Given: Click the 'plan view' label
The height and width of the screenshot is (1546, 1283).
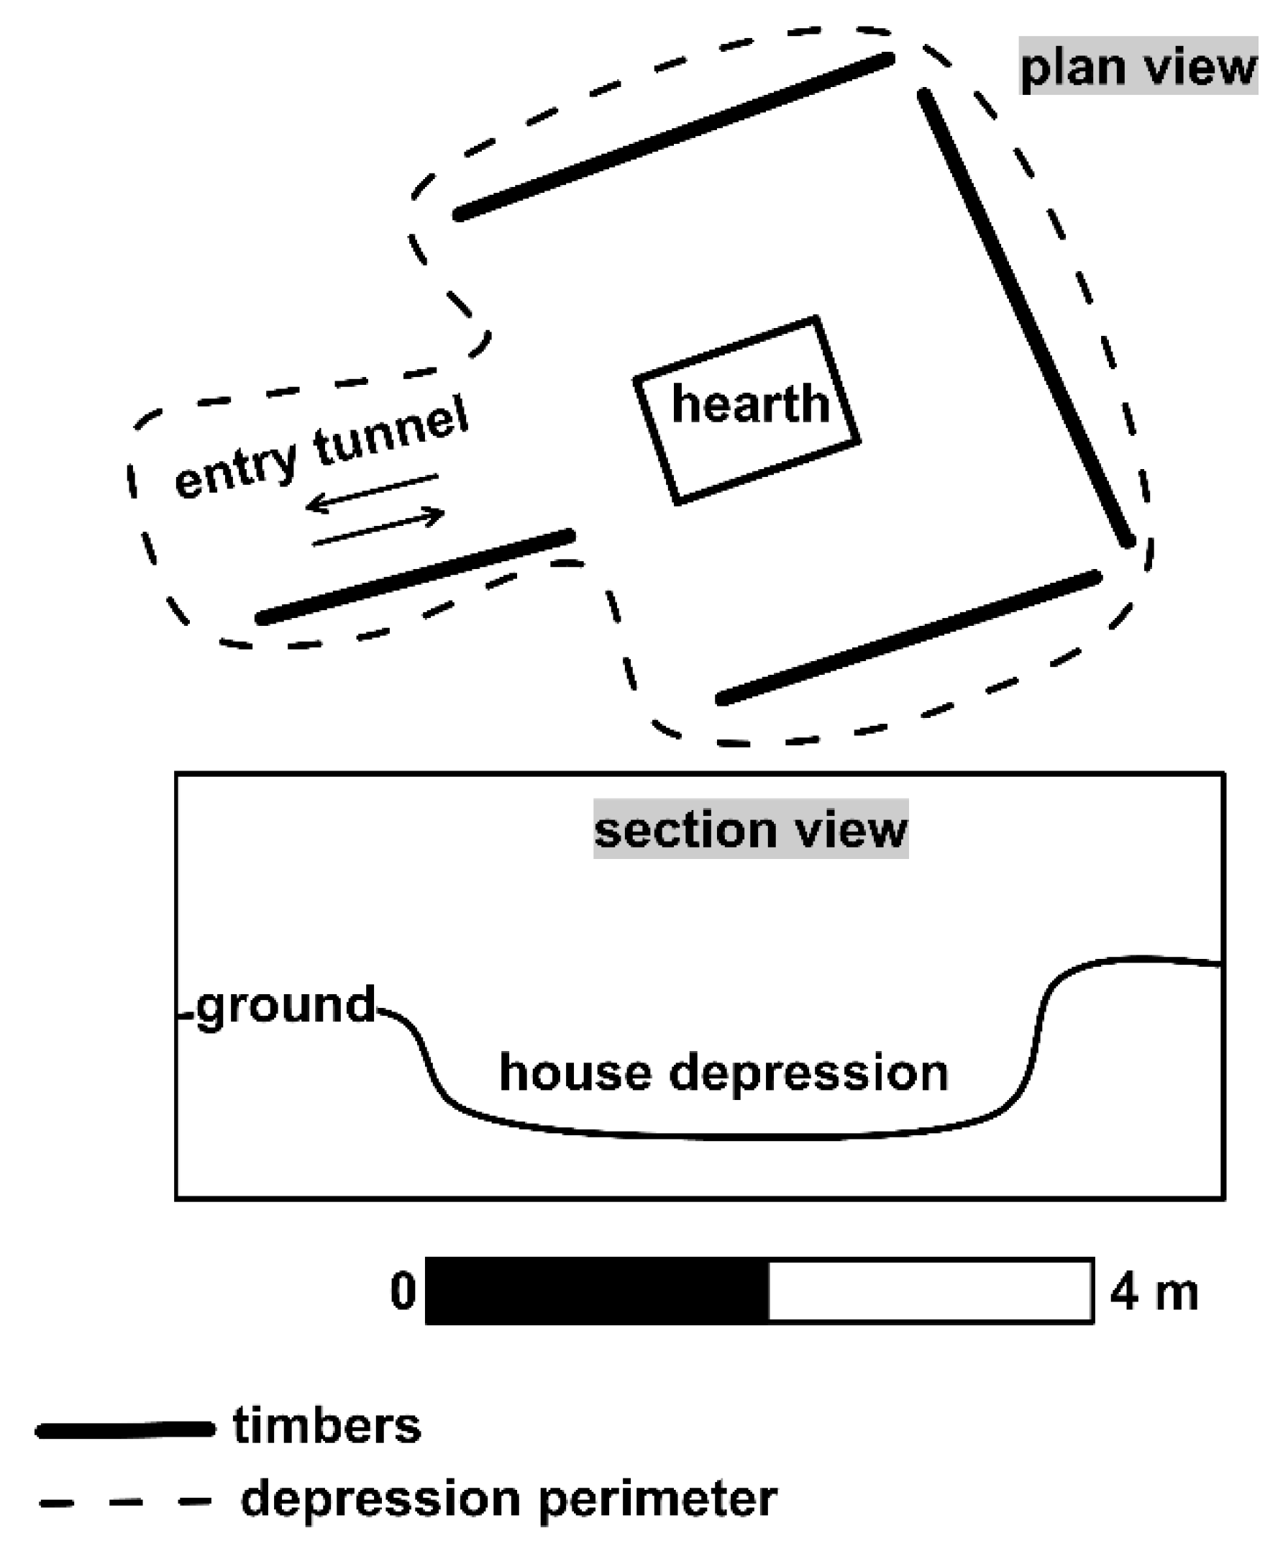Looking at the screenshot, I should click(x=1138, y=66).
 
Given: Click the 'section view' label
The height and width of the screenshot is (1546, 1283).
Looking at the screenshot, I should click(x=750, y=829).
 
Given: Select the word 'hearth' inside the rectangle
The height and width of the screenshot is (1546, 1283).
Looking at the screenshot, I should click(x=750, y=404).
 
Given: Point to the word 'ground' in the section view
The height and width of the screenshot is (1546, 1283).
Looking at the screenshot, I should click(x=286, y=1006).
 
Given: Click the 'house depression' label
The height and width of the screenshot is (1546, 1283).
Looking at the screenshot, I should click(x=723, y=1073).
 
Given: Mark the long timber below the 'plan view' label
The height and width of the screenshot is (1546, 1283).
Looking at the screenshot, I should click(x=1025, y=318).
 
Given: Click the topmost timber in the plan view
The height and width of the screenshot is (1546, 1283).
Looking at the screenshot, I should click(x=675, y=137).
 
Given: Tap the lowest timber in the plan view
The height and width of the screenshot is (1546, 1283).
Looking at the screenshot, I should click(x=910, y=637).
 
